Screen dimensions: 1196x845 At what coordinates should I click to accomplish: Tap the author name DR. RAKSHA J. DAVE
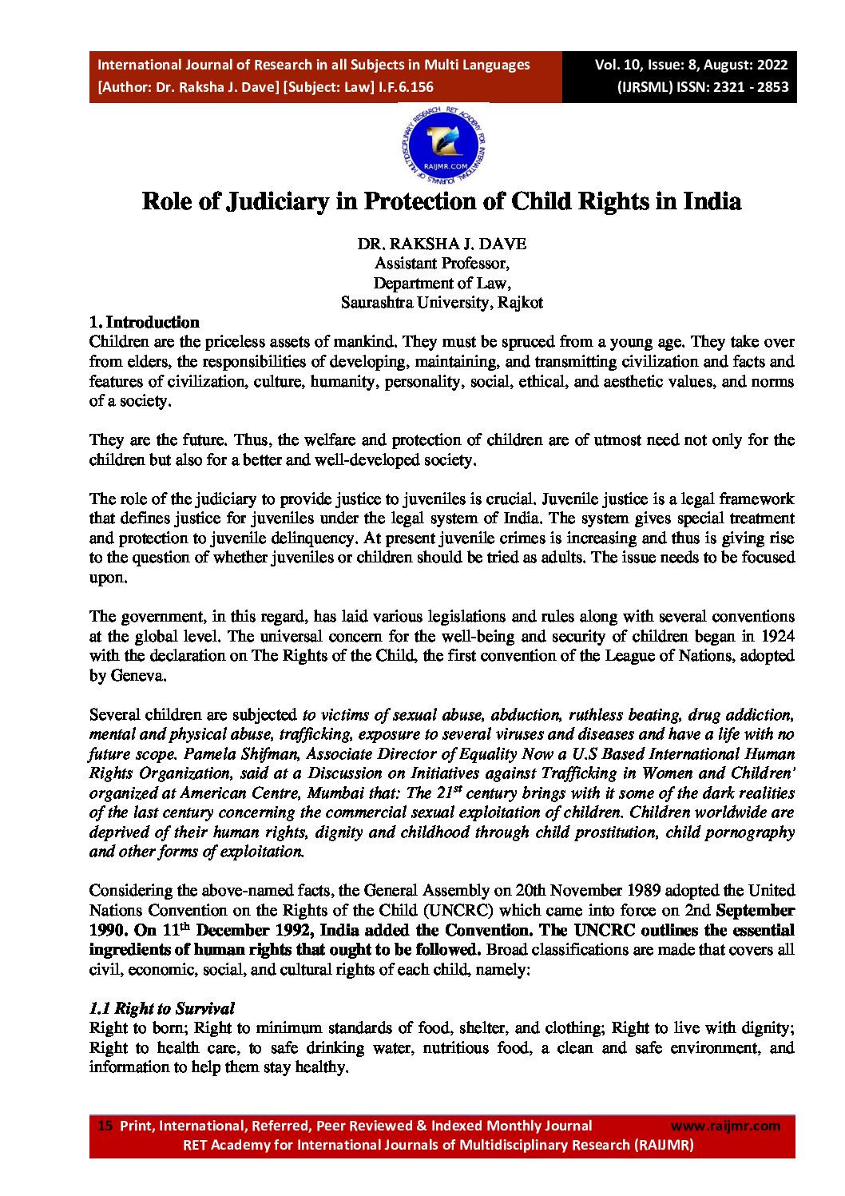pyautogui.click(x=442, y=244)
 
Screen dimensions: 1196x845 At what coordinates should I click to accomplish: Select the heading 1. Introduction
pyautogui.click(x=145, y=323)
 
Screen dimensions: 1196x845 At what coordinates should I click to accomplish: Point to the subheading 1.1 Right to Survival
pyautogui.click(x=162, y=1008)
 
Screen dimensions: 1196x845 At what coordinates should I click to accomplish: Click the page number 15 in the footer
pyautogui.click(x=105, y=1125)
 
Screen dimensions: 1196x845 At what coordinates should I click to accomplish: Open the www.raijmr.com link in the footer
pyautogui.click(x=725, y=1126)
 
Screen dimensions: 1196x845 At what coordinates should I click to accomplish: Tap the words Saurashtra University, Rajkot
pyautogui.click(x=442, y=303)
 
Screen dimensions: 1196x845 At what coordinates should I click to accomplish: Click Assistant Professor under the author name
pyautogui.click(x=442, y=264)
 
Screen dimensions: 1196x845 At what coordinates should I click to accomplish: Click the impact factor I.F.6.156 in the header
pyautogui.click(x=407, y=87)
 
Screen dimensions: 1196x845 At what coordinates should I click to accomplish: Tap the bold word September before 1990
pyautogui.click(x=755, y=910)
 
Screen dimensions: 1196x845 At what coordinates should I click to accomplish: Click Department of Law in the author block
pyautogui.click(x=442, y=283)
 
